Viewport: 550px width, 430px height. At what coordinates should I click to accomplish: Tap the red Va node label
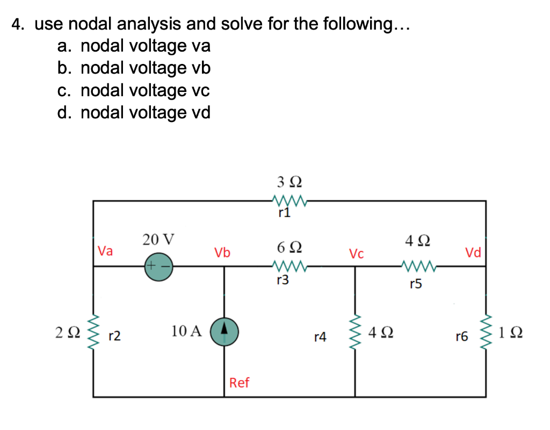click(x=105, y=251)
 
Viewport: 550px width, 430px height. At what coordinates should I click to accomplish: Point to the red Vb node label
click(x=222, y=252)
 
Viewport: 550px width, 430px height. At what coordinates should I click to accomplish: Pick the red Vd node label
click(x=474, y=252)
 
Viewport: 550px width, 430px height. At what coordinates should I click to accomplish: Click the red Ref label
click(x=239, y=383)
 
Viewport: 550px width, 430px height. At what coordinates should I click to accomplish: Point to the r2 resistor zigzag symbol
click(x=93, y=332)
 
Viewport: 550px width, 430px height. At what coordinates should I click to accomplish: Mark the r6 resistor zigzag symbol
click(x=487, y=332)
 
